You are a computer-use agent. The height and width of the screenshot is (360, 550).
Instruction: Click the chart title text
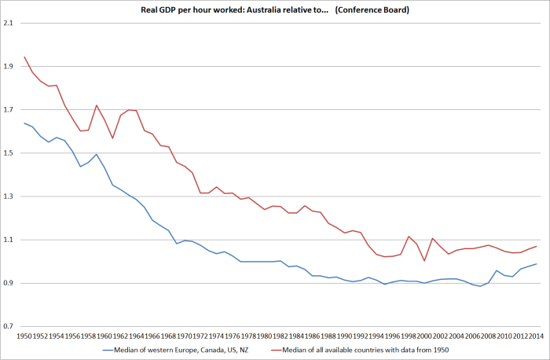pos(276,9)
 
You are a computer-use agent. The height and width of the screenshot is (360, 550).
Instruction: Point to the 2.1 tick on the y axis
pos(9,24)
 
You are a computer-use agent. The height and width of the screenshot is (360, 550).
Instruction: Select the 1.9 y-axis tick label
pos(9,67)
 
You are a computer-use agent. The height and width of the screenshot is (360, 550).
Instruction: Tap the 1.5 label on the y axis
pos(9,153)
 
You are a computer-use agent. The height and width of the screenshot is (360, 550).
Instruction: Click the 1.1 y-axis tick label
pos(9,240)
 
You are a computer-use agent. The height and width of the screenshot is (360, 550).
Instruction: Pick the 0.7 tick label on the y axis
pos(9,325)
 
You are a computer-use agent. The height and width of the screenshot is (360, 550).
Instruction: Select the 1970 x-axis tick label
pos(185,336)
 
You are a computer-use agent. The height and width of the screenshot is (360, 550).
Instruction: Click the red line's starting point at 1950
pos(25,57)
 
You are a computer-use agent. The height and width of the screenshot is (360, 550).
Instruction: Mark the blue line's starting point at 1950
pos(25,123)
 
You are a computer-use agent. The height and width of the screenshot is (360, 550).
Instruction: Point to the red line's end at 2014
pos(536,246)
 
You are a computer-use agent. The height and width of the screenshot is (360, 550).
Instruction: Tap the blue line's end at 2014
pos(536,263)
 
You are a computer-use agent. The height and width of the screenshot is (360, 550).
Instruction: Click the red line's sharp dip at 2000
pos(424,260)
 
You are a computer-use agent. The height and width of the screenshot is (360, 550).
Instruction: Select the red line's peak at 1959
pos(97,105)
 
